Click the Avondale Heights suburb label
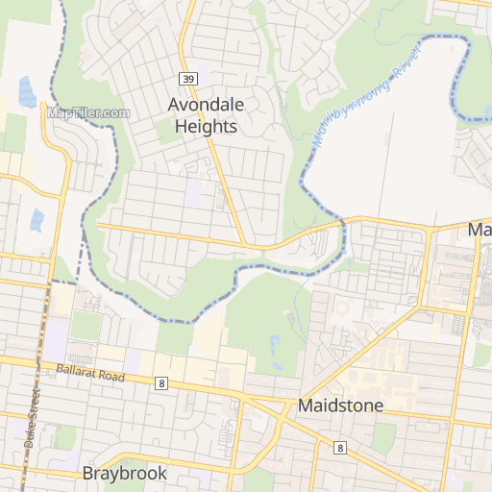click(203, 114)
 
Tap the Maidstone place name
click(340, 406)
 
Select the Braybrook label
click(124, 473)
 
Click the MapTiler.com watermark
click(87, 112)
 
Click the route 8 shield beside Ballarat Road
click(161, 383)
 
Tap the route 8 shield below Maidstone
click(340, 447)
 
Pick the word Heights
click(205, 125)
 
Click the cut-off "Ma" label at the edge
click(480, 231)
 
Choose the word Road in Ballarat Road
click(111, 377)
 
